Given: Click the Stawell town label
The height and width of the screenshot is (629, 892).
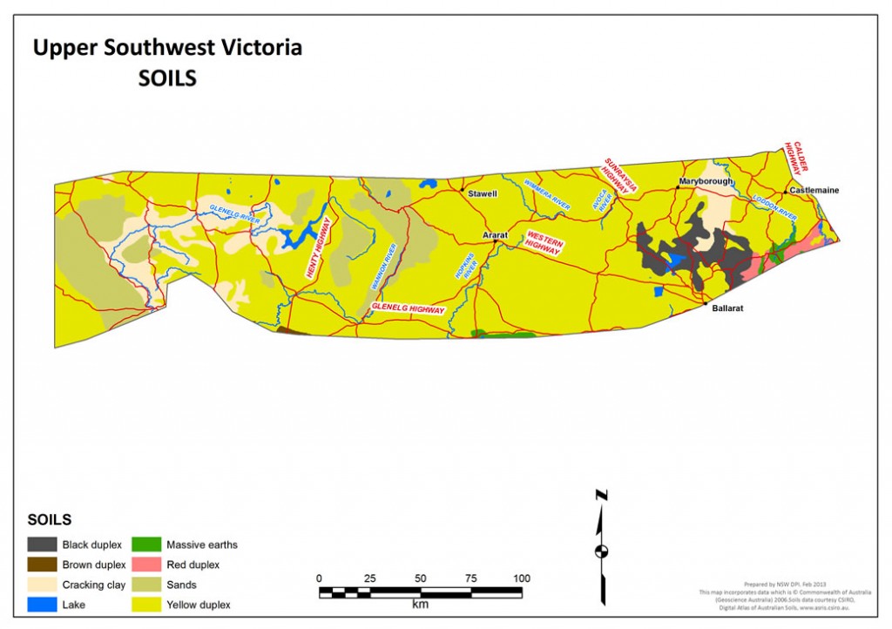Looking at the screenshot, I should pyautogui.click(x=482, y=193).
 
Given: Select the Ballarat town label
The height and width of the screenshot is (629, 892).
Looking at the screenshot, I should pyautogui.click(x=726, y=308).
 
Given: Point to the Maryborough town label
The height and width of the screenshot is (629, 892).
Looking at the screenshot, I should pyautogui.click(x=705, y=181).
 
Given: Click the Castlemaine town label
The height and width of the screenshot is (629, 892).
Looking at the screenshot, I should pyautogui.click(x=814, y=190).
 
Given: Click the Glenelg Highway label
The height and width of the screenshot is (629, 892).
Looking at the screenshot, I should pyautogui.click(x=409, y=309).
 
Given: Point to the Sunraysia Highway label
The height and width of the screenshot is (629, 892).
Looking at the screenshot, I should pyautogui.click(x=622, y=175).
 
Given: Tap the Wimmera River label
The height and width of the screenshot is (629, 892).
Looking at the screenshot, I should pyautogui.click(x=546, y=193).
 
